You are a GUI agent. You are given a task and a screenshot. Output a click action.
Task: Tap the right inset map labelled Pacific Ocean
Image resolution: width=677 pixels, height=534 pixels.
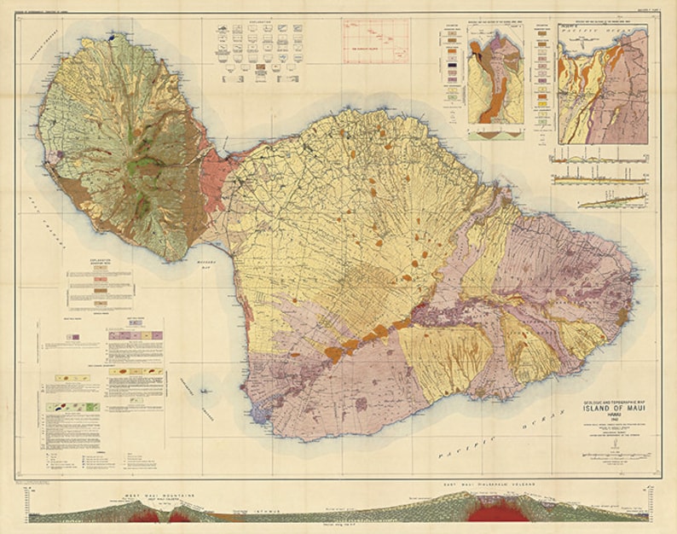tap(600, 83)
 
